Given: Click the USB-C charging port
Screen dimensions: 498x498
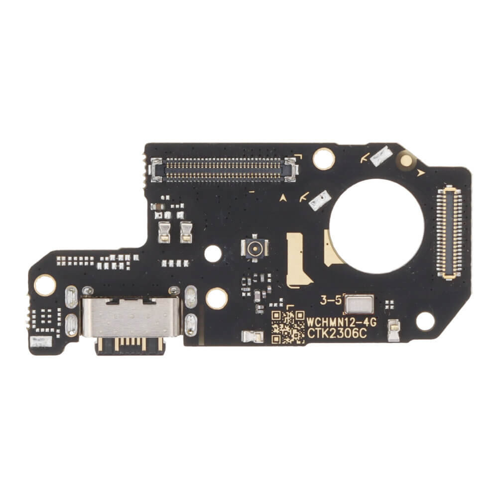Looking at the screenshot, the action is coord(131,321).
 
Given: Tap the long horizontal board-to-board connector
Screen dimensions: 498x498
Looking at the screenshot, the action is coord(225,170).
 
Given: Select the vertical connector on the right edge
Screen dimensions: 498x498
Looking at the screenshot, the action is coord(449,232).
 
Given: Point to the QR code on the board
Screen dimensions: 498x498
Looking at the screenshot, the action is coord(288,327).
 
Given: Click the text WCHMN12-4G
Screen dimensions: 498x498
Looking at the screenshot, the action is coord(342,322).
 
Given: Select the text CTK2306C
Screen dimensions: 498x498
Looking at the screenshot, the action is coord(337,334).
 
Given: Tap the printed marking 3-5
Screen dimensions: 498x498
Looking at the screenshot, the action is coord(331,300).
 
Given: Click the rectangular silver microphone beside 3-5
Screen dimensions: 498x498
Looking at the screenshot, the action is coord(359,304).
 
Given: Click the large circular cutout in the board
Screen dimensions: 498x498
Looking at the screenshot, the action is coord(376,226).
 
